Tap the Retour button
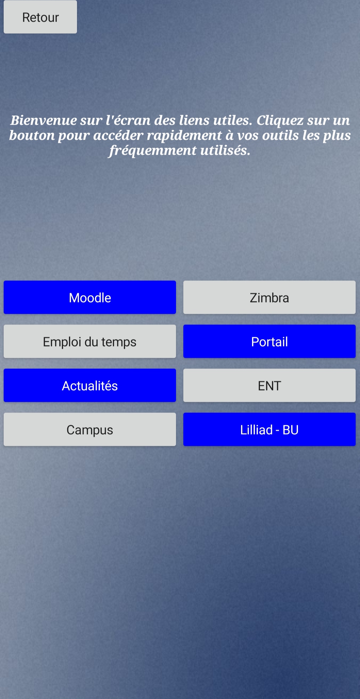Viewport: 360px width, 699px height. point(40,17)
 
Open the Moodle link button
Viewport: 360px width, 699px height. point(90,297)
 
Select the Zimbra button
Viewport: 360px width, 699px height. point(269,297)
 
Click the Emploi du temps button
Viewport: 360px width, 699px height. point(90,341)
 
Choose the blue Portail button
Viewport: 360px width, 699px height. point(269,341)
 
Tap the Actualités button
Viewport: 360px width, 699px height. point(90,385)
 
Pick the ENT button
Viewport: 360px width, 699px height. point(269,385)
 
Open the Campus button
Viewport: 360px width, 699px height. point(90,429)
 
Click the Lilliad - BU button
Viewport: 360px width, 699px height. point(269,429)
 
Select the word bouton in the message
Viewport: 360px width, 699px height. point(32,135)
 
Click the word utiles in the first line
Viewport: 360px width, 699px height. point(233,120)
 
